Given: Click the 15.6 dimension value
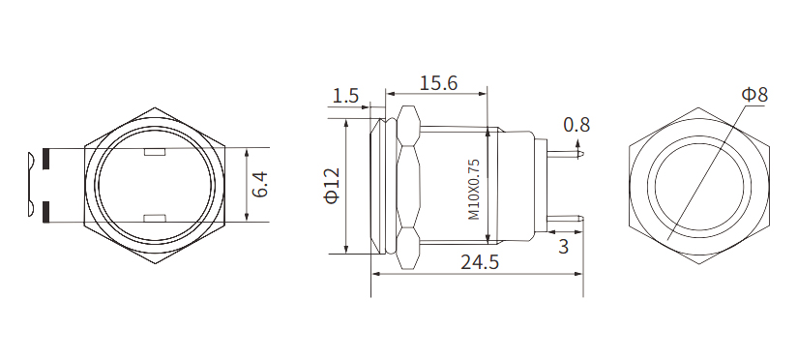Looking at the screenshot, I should [437, 83].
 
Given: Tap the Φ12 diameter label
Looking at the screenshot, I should [331, 186].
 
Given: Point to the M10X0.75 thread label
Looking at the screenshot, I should [474, 189].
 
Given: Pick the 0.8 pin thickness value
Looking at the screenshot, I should [576, 124].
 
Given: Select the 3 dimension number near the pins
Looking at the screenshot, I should [562, 247].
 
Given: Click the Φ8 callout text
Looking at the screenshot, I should [754, 94].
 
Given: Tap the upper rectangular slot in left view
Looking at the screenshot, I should [155, 152].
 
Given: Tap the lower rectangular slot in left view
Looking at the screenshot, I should [155, 218].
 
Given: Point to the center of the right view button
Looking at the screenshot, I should [700, 185].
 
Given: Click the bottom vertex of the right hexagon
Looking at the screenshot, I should [700, 265].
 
